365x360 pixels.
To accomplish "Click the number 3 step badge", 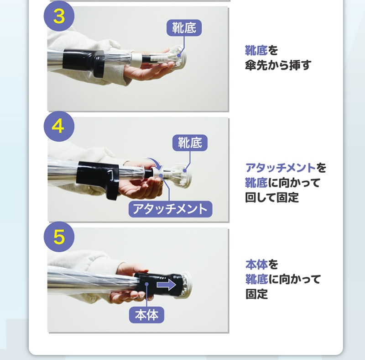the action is [x=59, y=16].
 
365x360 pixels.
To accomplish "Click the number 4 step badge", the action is [x=59, y=126].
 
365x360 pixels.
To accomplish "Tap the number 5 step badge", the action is [x=59, y=237].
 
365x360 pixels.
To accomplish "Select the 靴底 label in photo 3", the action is [x=184, y=28].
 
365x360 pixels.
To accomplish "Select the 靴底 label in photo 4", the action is [x=190, y=143].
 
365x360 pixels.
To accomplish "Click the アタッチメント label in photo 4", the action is [x=170, y=209].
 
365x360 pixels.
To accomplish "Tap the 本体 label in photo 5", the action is [x=146, y=315].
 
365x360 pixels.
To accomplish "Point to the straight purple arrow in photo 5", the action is [x=166, y=285].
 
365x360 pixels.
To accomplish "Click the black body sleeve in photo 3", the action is [x=84, y=63].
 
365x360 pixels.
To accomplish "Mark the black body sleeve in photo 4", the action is [x=98, y=177].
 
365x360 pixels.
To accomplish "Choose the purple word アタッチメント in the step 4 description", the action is [x=281, y=168].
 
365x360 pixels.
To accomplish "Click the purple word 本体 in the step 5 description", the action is [x=256, y=265].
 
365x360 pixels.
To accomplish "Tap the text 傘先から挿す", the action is [x=278, y=65].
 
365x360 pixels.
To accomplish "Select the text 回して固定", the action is [x=272, y=197].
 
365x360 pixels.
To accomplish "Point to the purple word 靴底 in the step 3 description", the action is [x=256, y=50].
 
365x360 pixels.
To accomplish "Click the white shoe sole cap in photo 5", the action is [x=185, y=285].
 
